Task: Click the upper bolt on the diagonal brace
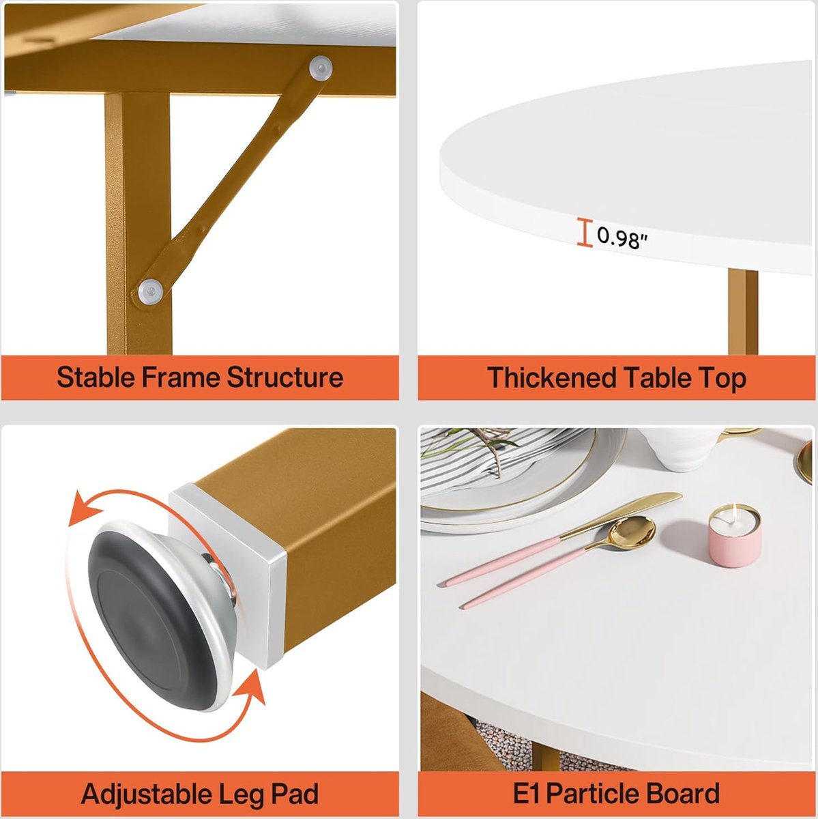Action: pos(321,68)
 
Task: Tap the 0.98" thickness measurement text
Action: pos(622,238)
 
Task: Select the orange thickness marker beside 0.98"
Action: pos(585,232)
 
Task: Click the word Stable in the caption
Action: pos(96,377)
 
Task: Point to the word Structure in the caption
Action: pos(284,377)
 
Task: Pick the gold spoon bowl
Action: pos(632,532)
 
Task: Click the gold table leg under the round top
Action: pos(743,311)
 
